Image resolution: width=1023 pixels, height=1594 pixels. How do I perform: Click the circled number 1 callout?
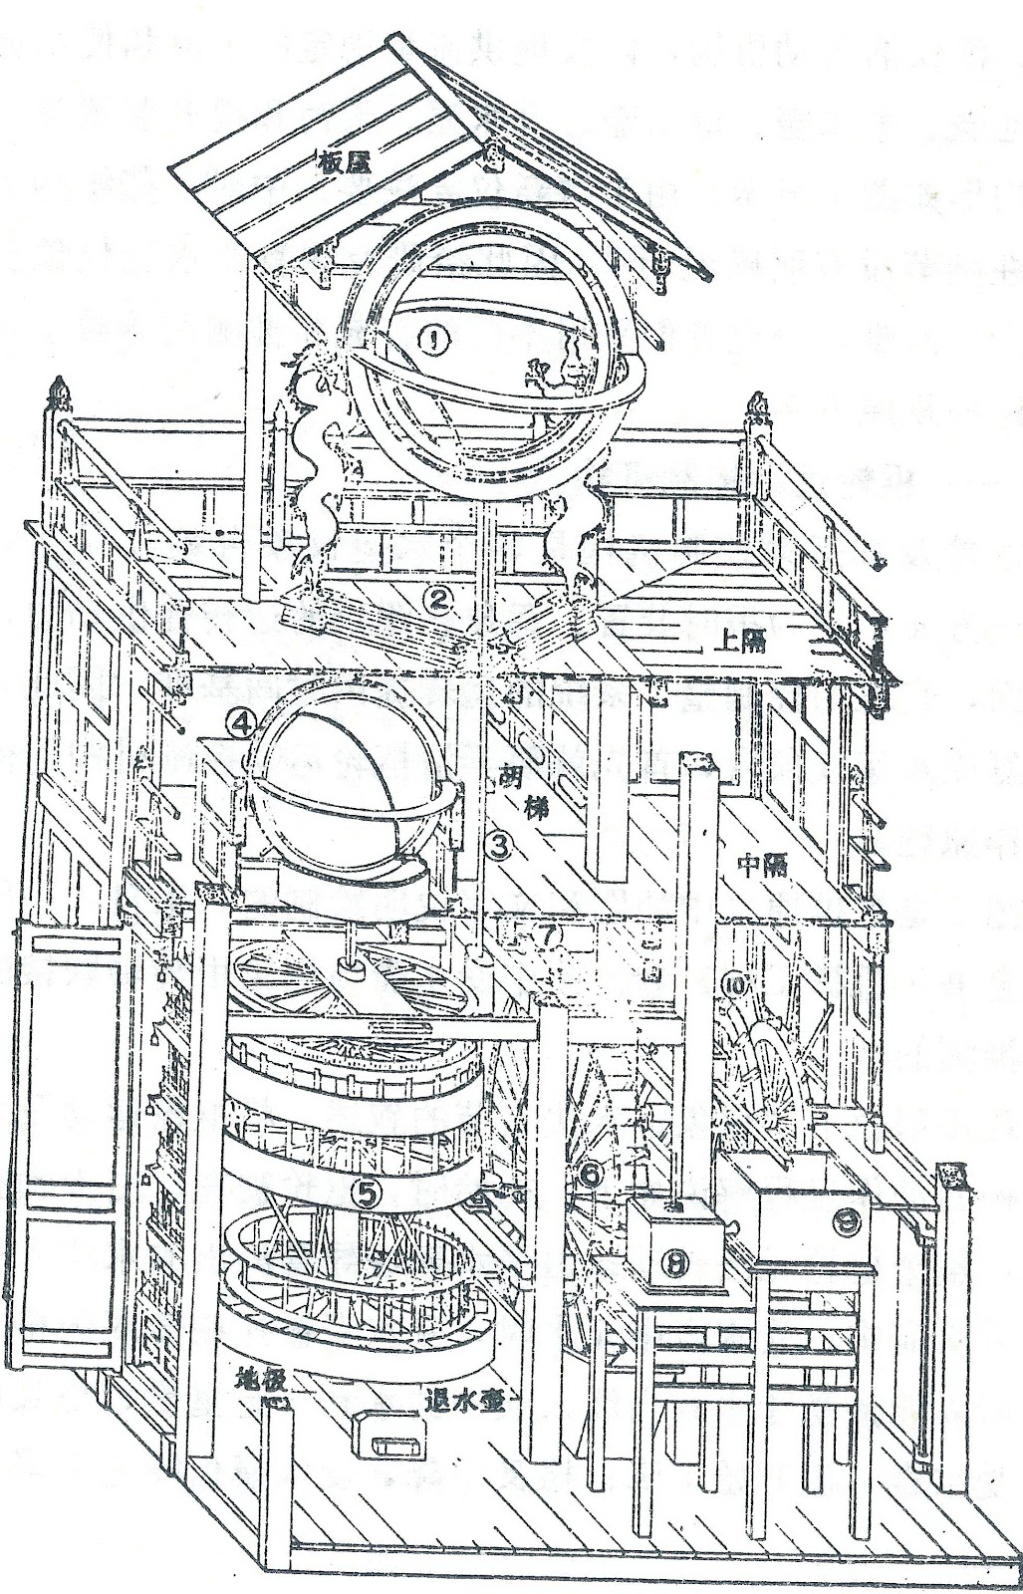click(x=435, y=342)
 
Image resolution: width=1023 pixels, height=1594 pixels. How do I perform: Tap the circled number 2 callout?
click(x=436, y=598)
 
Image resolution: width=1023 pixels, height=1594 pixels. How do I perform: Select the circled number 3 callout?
click(x=499, y=846)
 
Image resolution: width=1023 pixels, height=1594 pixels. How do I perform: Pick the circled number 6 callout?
click(x=590, y=1175)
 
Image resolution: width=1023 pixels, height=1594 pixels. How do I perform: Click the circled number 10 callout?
click(x=738, y=985)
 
